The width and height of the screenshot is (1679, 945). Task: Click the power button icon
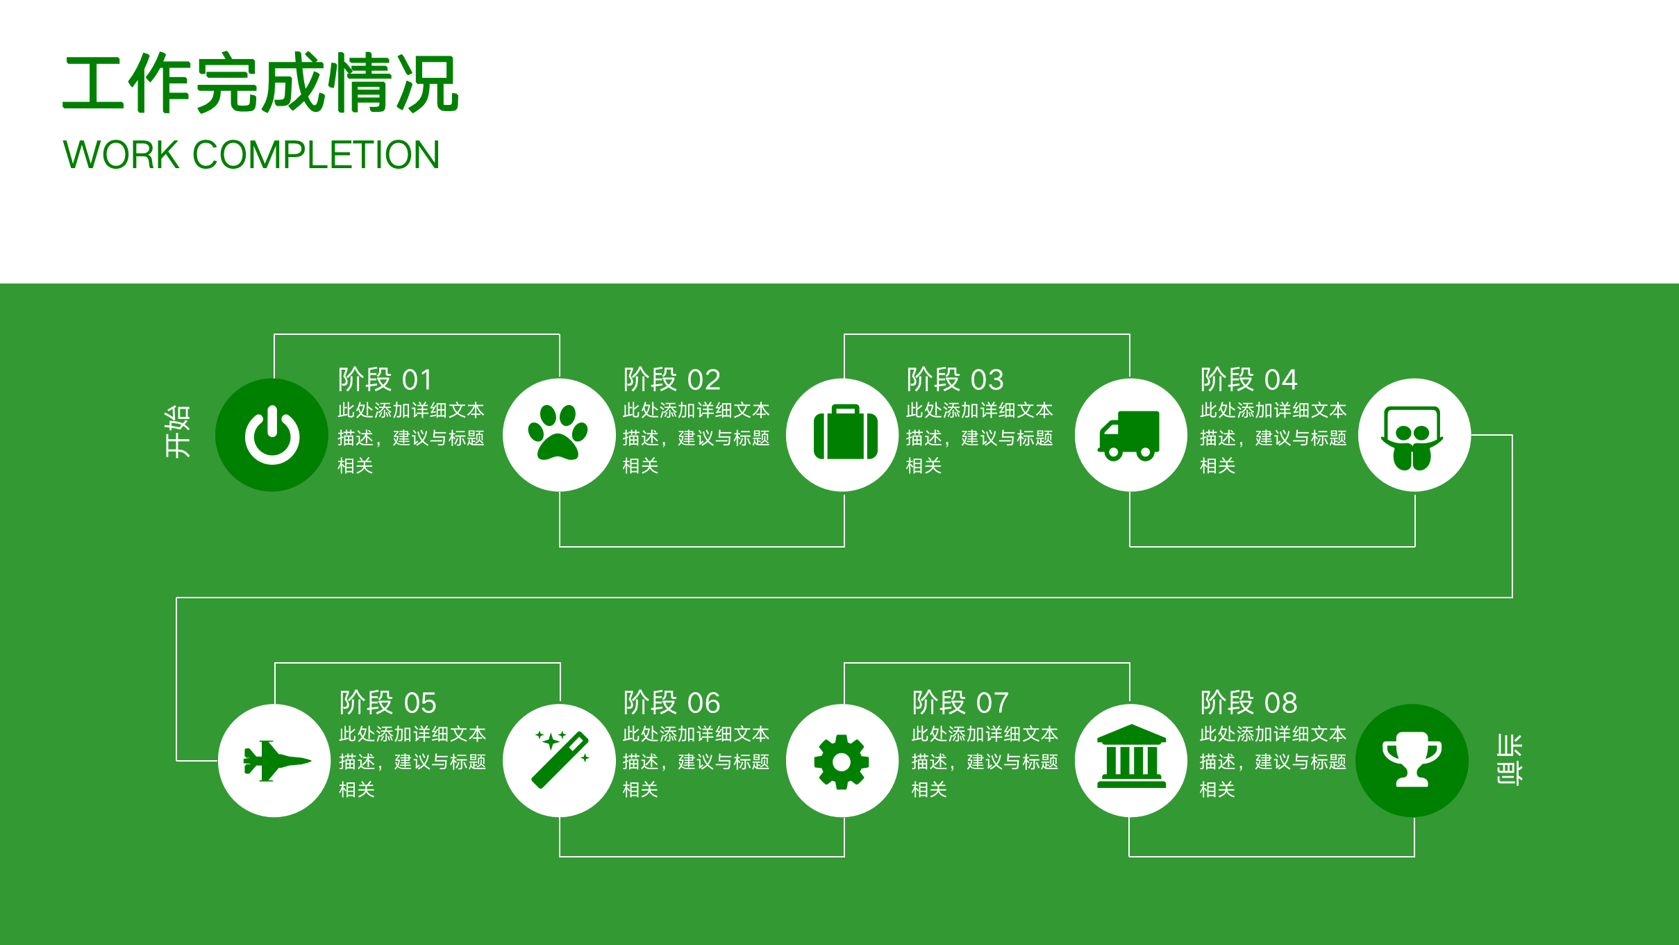pyautogui.click(x=272, y=435)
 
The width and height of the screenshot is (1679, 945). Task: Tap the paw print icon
pyautogui.click(x=558, y=434)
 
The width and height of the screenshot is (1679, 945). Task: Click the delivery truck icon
pyautogui.click(x=1129, y=435)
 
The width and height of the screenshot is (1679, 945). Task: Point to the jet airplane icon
pyautogui.click(x=276, y=761)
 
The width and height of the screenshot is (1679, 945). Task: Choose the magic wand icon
pyautogui.click(x=560, y=759)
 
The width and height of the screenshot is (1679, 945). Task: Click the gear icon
pyautogui.click(x=842, y=762)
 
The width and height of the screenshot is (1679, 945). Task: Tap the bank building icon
pyautogui.click(x=1131, y=757)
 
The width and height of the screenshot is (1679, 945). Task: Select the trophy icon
pyautogui.click(x=1412, y=759)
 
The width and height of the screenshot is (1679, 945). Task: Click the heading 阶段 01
pyautogui.click(x=385, y=380)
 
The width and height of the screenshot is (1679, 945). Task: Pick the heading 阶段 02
pyautogui.click(x=671, y=380)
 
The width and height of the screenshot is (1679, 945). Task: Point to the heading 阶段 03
pyautogui.click(x=955, y=380)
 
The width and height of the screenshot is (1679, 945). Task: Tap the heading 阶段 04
pyautogui.click(x=1248, y=380)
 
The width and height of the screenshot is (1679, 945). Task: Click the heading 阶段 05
pyautogui.click(x=387, y=702)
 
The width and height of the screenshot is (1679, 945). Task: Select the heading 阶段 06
pyautogui.click(x=671, y=702)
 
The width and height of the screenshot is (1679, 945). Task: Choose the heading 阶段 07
pyautogui.click(x=960, y=702)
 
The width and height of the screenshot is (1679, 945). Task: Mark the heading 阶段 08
pyautogui.click(x=1248, y=702)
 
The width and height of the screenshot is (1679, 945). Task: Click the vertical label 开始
pyautogui.click(x=177, y=432)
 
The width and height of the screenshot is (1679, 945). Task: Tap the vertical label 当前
pyautogui.click(x=1509, y=759)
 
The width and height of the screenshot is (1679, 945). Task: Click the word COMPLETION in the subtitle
pyautogui.click(x=316, y=154)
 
